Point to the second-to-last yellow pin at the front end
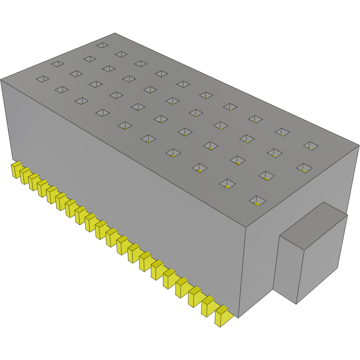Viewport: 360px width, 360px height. (x=209, y=306)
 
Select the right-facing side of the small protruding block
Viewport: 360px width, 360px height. (x=322, y=259)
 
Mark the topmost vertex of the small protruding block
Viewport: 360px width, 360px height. (x=323, y=202)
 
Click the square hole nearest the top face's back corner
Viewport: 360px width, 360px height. (x=102, y=45)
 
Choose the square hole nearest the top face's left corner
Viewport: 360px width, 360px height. (x=42, y=79)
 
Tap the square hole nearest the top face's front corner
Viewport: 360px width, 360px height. (x=257, y=201)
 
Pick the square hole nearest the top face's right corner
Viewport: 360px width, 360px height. (x=310, y=146)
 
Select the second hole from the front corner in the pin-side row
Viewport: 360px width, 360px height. (x=228, y=184)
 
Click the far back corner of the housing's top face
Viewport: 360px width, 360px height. (x=115, y=33)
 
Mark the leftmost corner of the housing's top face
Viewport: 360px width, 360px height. (x=1, y=80)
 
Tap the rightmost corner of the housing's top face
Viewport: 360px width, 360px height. (x=359, y=145)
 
